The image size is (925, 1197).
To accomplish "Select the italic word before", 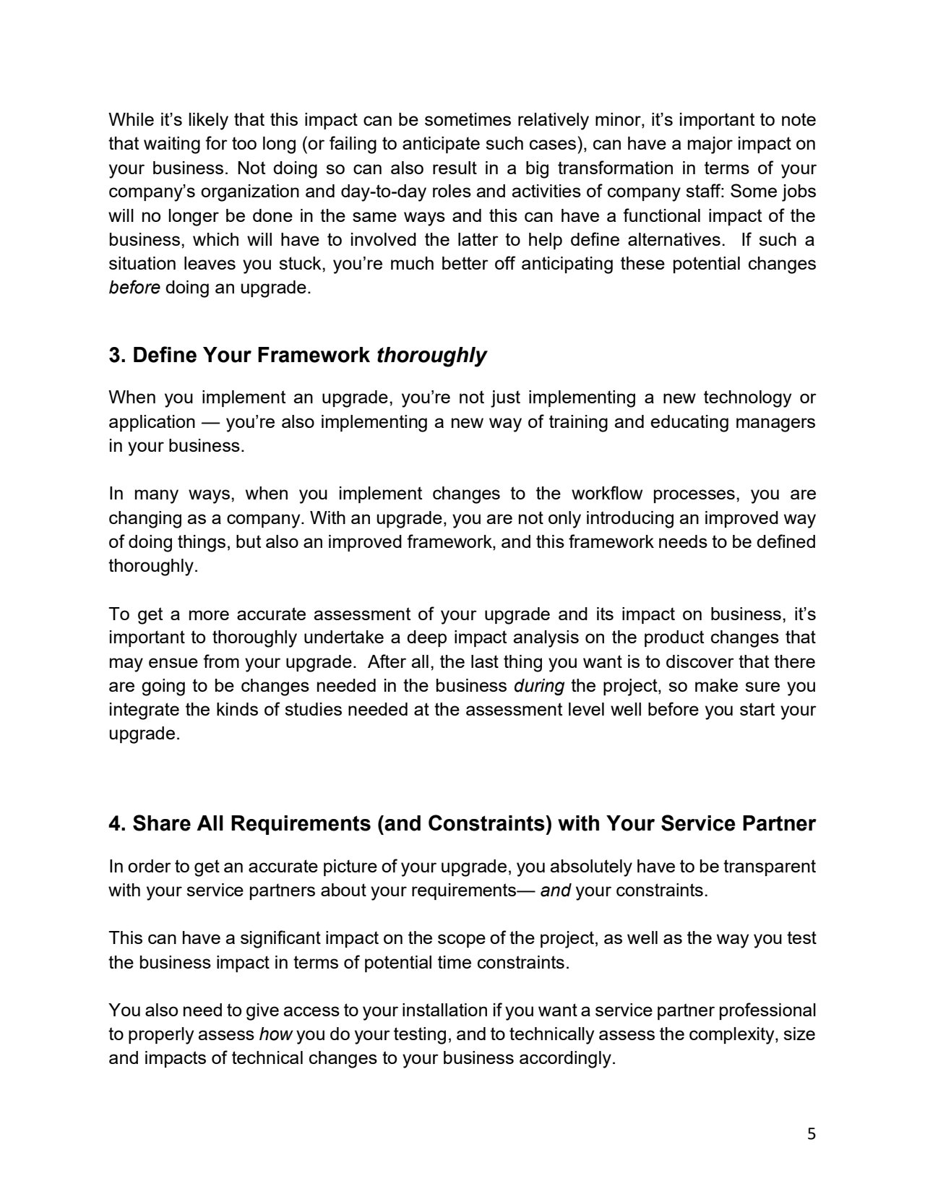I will [134, 287].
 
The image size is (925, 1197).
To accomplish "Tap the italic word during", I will [538, 685].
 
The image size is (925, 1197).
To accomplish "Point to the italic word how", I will [275, 1034].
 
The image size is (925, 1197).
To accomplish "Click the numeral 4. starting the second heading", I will [117, 823].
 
